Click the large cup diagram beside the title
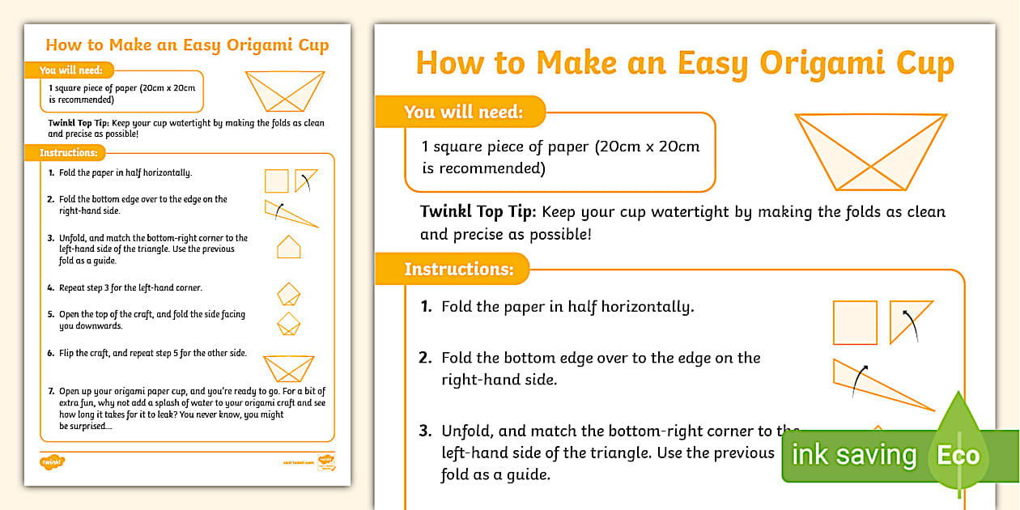click(x=870, y=152)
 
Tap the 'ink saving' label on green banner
click(x=853, y=455)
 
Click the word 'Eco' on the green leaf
click(x=958, y=455)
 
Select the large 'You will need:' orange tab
click(x=463, y=112)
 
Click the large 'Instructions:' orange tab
click(x=458, y=269)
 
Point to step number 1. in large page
click(x=426, y=307)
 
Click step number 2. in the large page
click(x=426, y=357)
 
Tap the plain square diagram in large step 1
click(x=855, y=322)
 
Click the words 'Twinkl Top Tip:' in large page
click(x=478, y=212)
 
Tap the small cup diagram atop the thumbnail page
click(x=284, y=90)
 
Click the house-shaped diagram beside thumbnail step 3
click(x=289, y=247)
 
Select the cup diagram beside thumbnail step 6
click(x=289, y=368)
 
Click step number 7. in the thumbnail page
click(x=51, y=391)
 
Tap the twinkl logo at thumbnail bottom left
click(x=52, y=462)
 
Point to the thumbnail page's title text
click(x=187, y=45)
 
